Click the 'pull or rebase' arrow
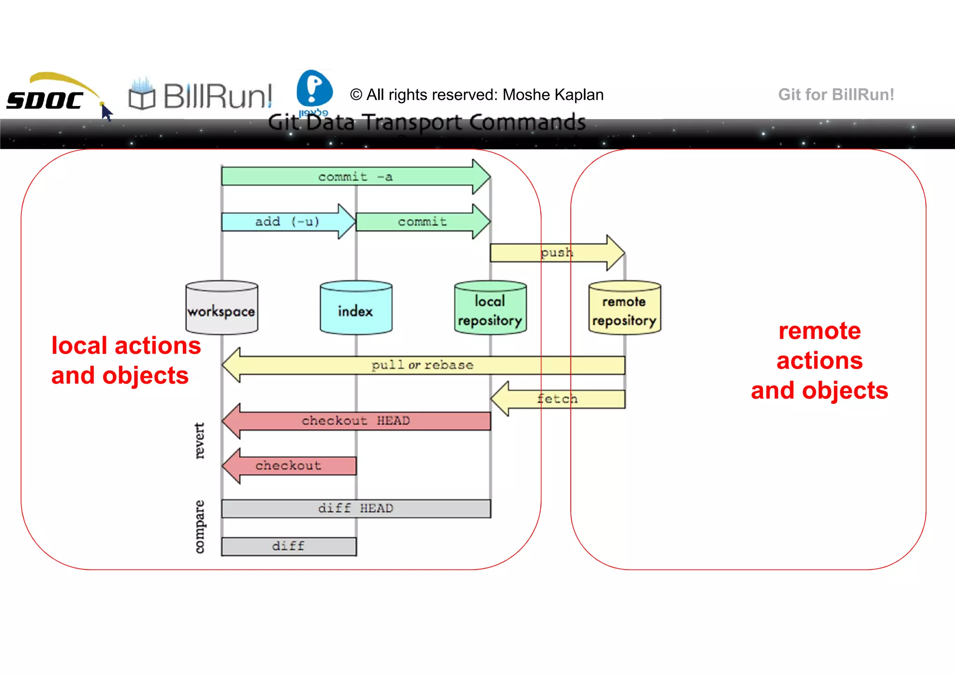click(x=422, y=365)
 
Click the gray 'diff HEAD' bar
click(x=356, y=508)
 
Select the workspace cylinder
click(x=221, y=308)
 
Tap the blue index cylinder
click(x=356, y=308)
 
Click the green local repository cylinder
click(x=490, y=308)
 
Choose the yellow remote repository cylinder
click(x=624, y=308)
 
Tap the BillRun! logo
click(x=201, y=95)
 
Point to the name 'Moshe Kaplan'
click(x=553, y=95)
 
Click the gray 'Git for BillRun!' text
click(x=836, y=95)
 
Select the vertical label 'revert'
click(x=199, y=440)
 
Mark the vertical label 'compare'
click(x=199, y=527)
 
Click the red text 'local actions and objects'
click(x=125, y=360)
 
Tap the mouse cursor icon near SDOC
click(x=107, y=113)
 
